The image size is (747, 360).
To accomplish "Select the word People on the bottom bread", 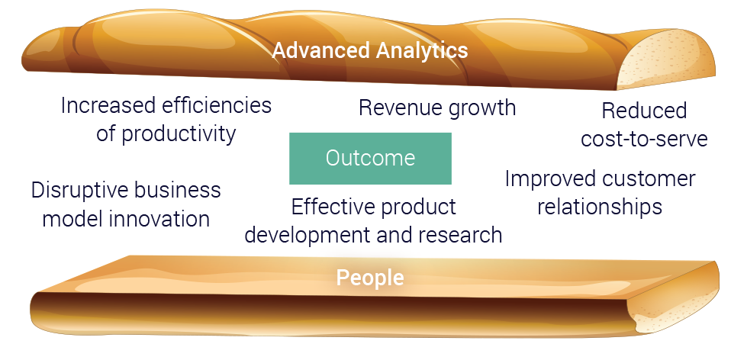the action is tap(370, 278).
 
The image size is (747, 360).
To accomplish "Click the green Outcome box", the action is tap(370, 159).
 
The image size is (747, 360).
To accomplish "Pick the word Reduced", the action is tap(644, 111).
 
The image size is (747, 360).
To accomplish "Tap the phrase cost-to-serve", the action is tap(644, 139).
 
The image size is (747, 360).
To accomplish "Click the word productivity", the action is tap(179, 134).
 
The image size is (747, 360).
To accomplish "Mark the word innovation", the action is tap(159, 219).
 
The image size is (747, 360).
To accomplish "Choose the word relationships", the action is tap(600, 207).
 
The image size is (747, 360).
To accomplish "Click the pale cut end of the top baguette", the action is tap(666, 58).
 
